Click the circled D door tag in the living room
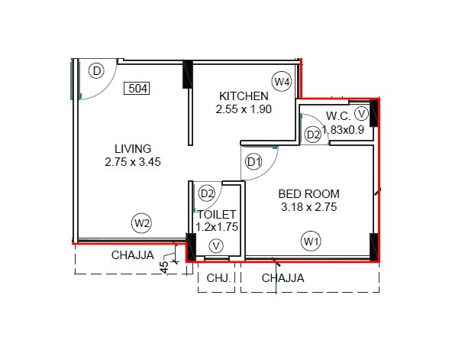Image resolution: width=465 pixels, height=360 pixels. (x=96, y=72)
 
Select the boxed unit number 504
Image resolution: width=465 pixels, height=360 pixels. (x=137, y=89)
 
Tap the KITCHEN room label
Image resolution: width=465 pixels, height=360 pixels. (x=244, y=96)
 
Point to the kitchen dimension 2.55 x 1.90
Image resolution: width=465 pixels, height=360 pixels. (x=244, y=109)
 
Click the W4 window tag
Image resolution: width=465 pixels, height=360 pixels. (x=283, y=81)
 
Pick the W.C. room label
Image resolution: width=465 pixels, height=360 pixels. (x=337, y=116)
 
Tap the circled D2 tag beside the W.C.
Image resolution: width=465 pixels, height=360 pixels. (x=313, y=135)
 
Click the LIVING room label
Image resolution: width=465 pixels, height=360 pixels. (x=133, y=148)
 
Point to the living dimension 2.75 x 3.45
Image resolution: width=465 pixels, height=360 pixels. (x=133, y=161)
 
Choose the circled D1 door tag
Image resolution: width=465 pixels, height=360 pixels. (x=254, y=162)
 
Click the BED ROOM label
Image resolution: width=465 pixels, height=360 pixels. (x=308, y=193)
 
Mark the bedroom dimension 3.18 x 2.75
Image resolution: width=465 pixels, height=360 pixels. (x=308, y=206)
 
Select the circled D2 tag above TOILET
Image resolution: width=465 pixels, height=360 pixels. (x=207, y=193)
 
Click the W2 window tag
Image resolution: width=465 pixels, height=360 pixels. (x=141, y=223)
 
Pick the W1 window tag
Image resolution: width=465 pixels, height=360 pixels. (x=310, y=242)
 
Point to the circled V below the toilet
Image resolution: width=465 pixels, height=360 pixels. (x=217, y=246)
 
